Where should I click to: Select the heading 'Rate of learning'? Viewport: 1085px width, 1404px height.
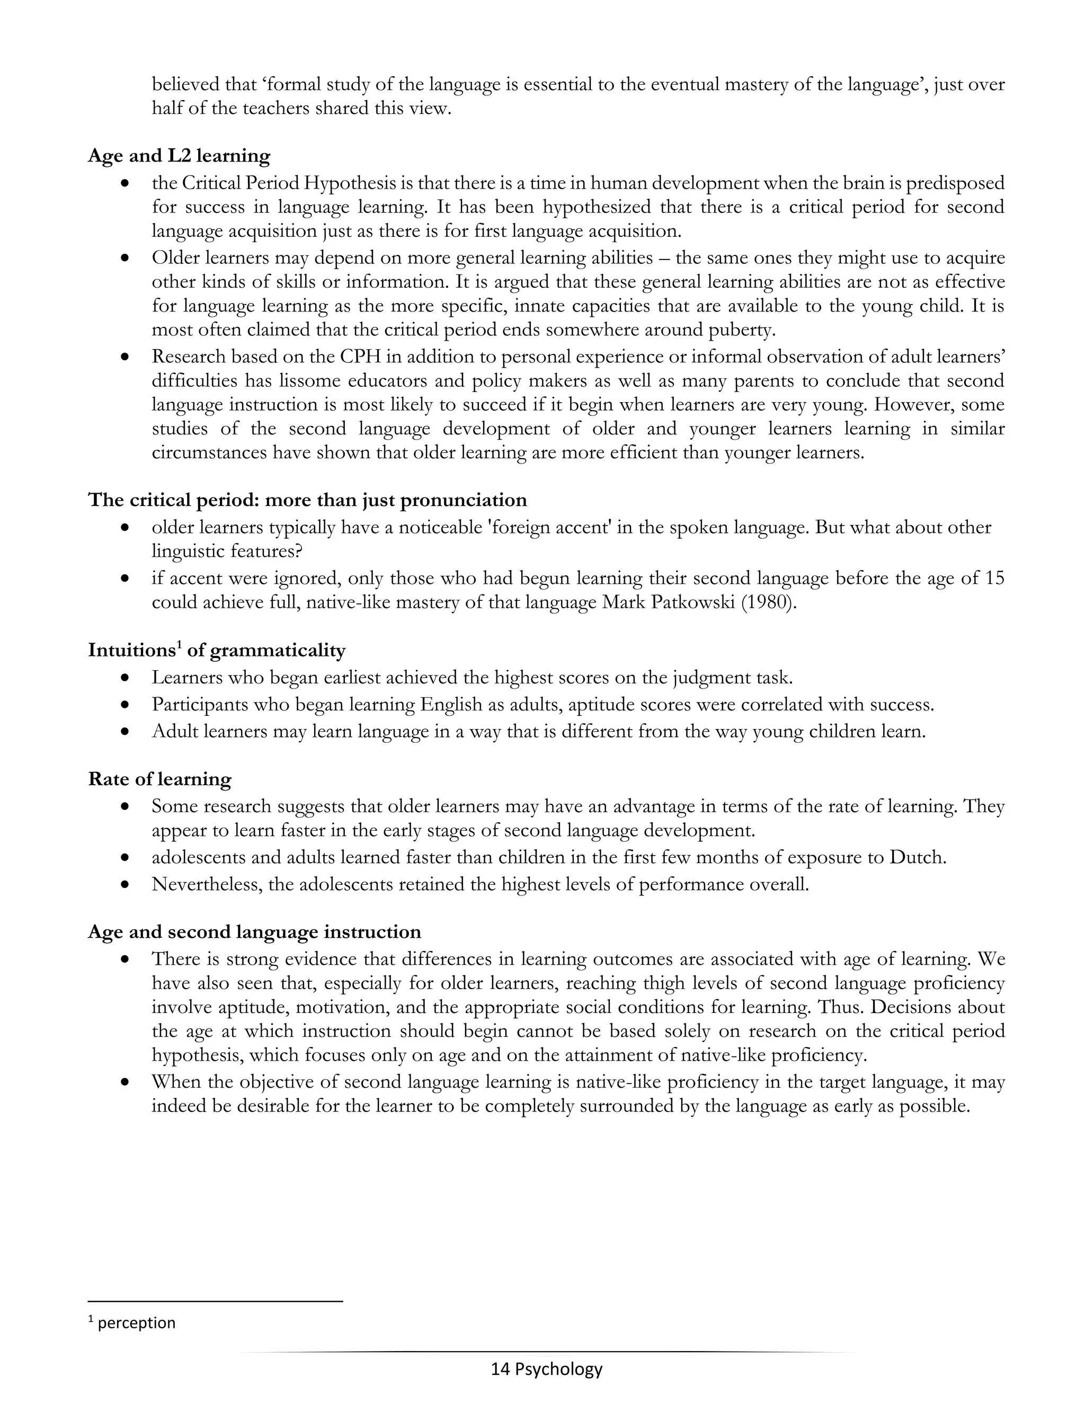coord(159,779)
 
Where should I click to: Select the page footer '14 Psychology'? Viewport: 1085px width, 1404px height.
coord(546,1369)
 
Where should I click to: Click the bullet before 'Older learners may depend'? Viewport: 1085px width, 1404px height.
coord(126,259)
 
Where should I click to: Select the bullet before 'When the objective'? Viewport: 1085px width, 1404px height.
coord(126,1082)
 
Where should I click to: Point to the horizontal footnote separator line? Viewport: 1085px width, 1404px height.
coord(215,1302)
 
